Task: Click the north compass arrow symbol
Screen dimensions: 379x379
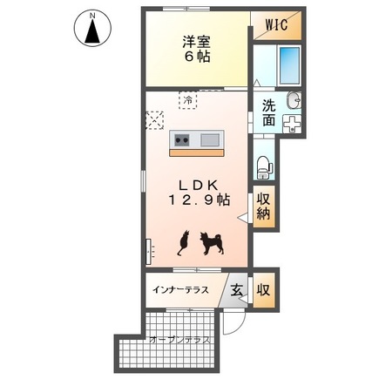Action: (x=91, y=32)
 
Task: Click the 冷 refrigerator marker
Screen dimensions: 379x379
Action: (x=188, y=99)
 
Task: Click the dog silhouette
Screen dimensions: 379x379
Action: (x=212, y=242)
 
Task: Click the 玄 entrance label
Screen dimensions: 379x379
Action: (x=237, y=289)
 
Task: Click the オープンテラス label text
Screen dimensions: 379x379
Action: (x=179, y=340)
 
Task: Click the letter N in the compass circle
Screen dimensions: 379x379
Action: (x=91, y=15)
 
